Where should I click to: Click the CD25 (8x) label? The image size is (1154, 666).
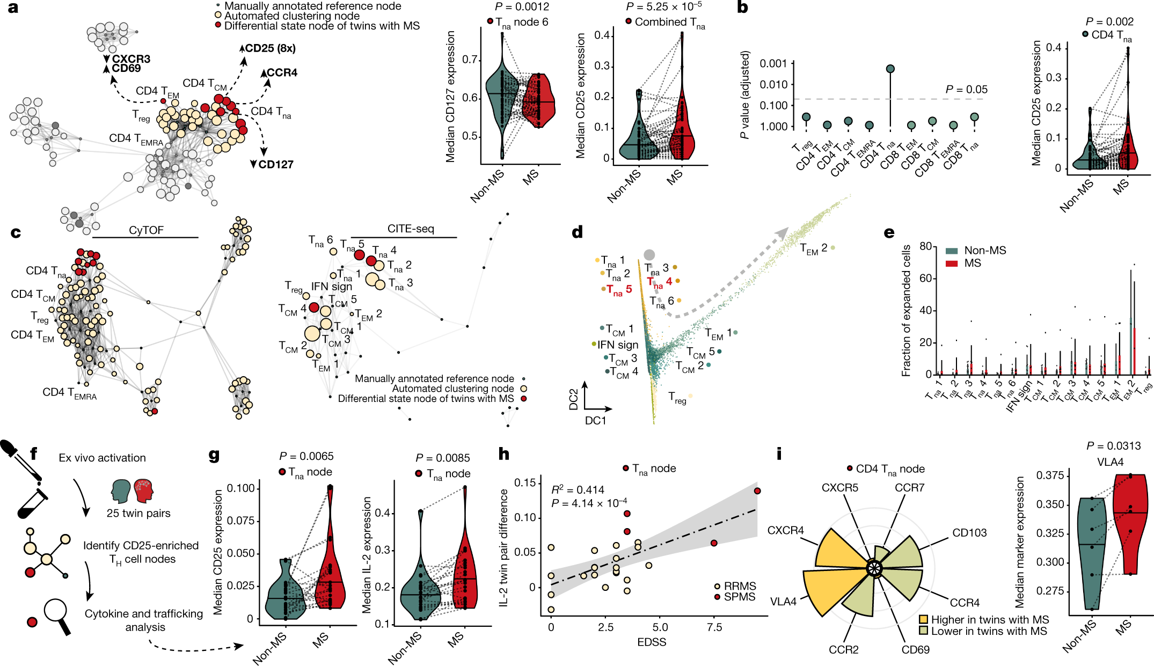270,48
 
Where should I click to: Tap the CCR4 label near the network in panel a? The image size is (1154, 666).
282,72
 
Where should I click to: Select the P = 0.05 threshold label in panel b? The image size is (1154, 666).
966,90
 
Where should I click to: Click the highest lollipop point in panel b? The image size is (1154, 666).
890,69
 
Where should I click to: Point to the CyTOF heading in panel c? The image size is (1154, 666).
146,230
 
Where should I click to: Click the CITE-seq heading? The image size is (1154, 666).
411,229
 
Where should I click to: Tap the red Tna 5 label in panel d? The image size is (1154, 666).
619,290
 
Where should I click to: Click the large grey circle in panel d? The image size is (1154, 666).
649,255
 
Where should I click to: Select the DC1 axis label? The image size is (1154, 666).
595,420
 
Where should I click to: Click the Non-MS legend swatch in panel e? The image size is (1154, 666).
952,251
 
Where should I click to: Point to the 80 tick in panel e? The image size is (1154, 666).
925,246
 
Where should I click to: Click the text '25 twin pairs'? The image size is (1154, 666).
138,513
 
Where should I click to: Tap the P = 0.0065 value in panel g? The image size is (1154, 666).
306,456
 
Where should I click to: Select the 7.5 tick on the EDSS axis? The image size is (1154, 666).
714,627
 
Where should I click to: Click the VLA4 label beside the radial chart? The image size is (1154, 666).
783,602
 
